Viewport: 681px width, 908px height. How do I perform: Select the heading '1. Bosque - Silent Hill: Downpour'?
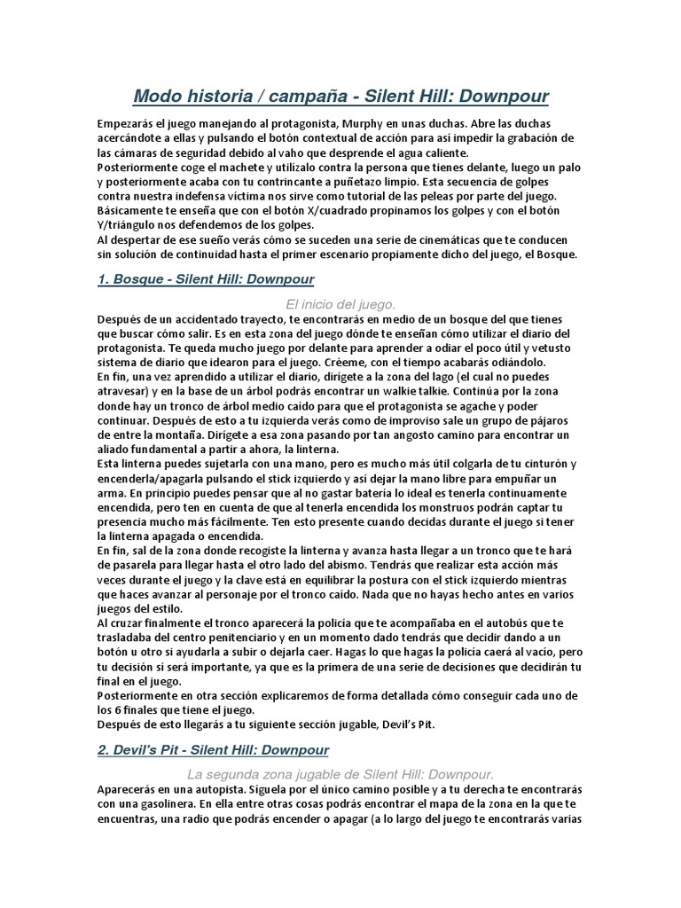click(206, 279)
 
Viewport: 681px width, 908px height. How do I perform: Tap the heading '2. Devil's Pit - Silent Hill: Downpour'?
click(214, 749)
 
